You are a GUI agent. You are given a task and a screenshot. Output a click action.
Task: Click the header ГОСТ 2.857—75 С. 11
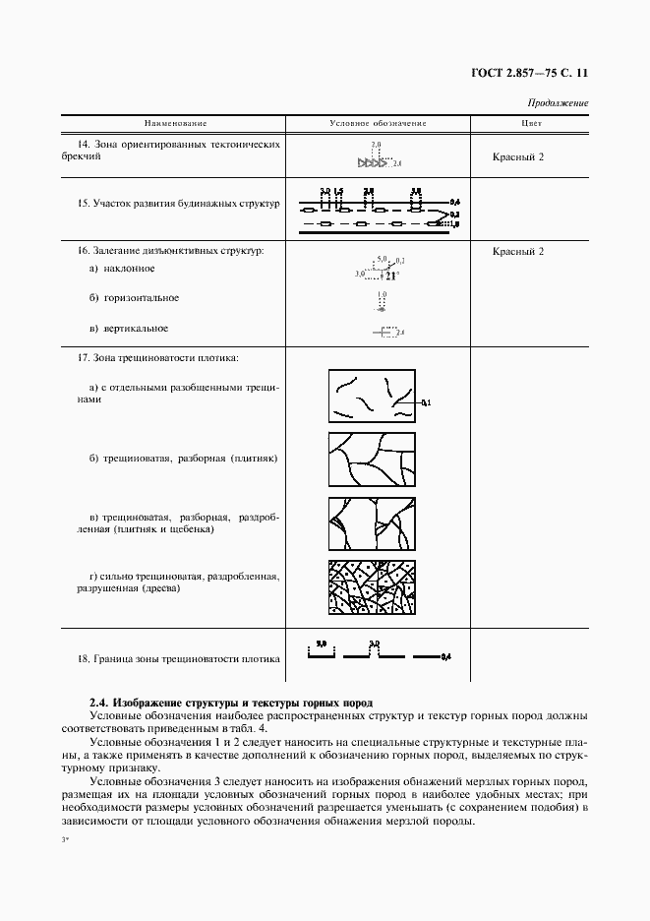(x=530, y=73)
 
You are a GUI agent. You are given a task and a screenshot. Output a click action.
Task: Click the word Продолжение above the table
(x=558, y=103)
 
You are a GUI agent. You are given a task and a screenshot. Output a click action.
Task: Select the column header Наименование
(x=176, y=124)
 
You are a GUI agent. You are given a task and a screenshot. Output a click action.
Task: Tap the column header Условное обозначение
(x=377, y=124)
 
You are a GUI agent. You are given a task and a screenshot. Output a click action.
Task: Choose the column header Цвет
(x=531, y=124)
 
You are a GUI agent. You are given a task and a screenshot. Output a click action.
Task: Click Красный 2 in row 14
(x=518, y=156)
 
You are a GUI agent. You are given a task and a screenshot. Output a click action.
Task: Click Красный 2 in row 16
(x=518, y=251)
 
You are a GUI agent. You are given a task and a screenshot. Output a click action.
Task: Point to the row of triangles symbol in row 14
(x=375, y=164)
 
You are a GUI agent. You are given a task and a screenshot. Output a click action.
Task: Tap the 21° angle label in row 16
(x=390, y=276)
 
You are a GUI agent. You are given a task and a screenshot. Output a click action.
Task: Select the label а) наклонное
(x=122, y=268)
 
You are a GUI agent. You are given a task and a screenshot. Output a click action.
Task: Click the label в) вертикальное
(x=128, y=328)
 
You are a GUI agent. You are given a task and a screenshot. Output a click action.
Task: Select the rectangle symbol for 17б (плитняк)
(x=371, y=459)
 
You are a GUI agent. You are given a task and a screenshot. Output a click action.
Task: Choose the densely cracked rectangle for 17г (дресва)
(x=371, y=588)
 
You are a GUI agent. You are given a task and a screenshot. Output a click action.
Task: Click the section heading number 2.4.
(x=98, y=703)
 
